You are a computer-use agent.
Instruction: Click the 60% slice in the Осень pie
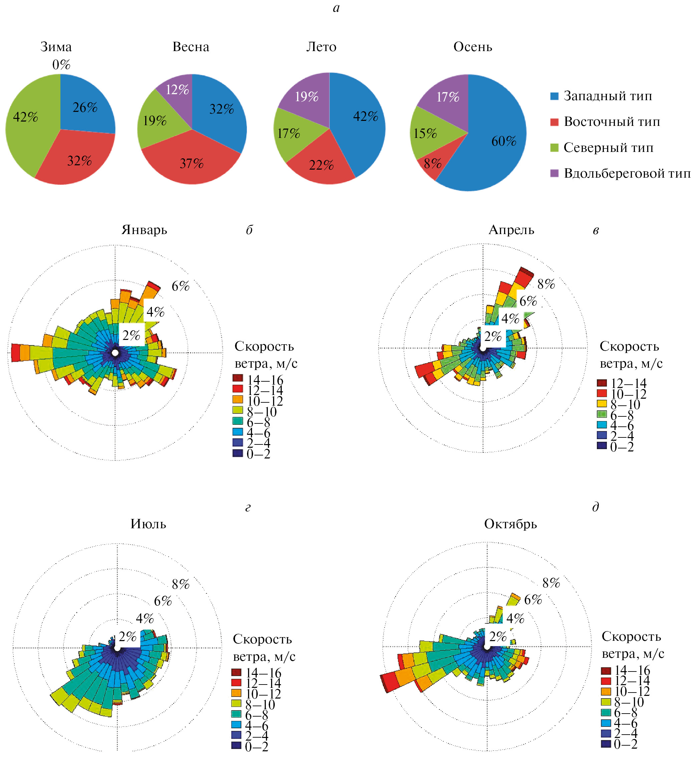tap(494, 152)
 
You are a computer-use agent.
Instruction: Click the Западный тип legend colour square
tap(554, 96)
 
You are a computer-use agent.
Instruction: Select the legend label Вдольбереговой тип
tap(627, 173)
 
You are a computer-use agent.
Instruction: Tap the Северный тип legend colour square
tap(554, 148)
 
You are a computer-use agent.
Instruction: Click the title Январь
tap(144, 230)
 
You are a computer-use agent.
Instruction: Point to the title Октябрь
tap(510, 524)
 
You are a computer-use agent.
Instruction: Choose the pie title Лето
tap(321, 47)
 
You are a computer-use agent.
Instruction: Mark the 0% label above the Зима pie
tap(61, 64)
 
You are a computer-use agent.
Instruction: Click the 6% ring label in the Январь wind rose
tap(180, 286)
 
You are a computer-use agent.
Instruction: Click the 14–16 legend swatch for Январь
tap(238, 378)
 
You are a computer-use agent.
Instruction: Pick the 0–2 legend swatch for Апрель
tap(602, 445)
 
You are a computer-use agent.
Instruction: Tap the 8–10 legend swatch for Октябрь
tap(606, 702)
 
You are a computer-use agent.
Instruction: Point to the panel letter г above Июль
tap(248, 508)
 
